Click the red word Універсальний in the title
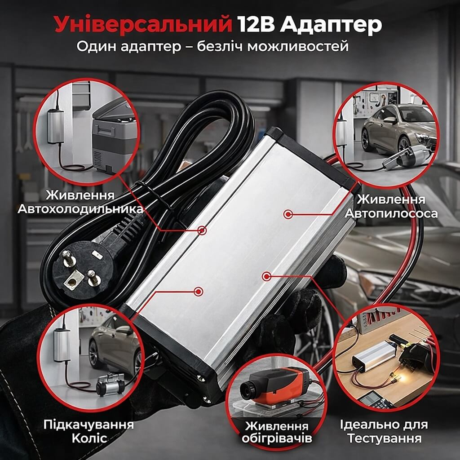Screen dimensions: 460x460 (143, 25)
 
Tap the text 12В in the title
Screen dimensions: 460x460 (256, 24)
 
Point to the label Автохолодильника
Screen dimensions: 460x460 (80, 209)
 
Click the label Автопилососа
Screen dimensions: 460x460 (391, 213)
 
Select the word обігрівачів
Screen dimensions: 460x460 (276, 438)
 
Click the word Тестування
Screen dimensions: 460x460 (385, 438)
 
